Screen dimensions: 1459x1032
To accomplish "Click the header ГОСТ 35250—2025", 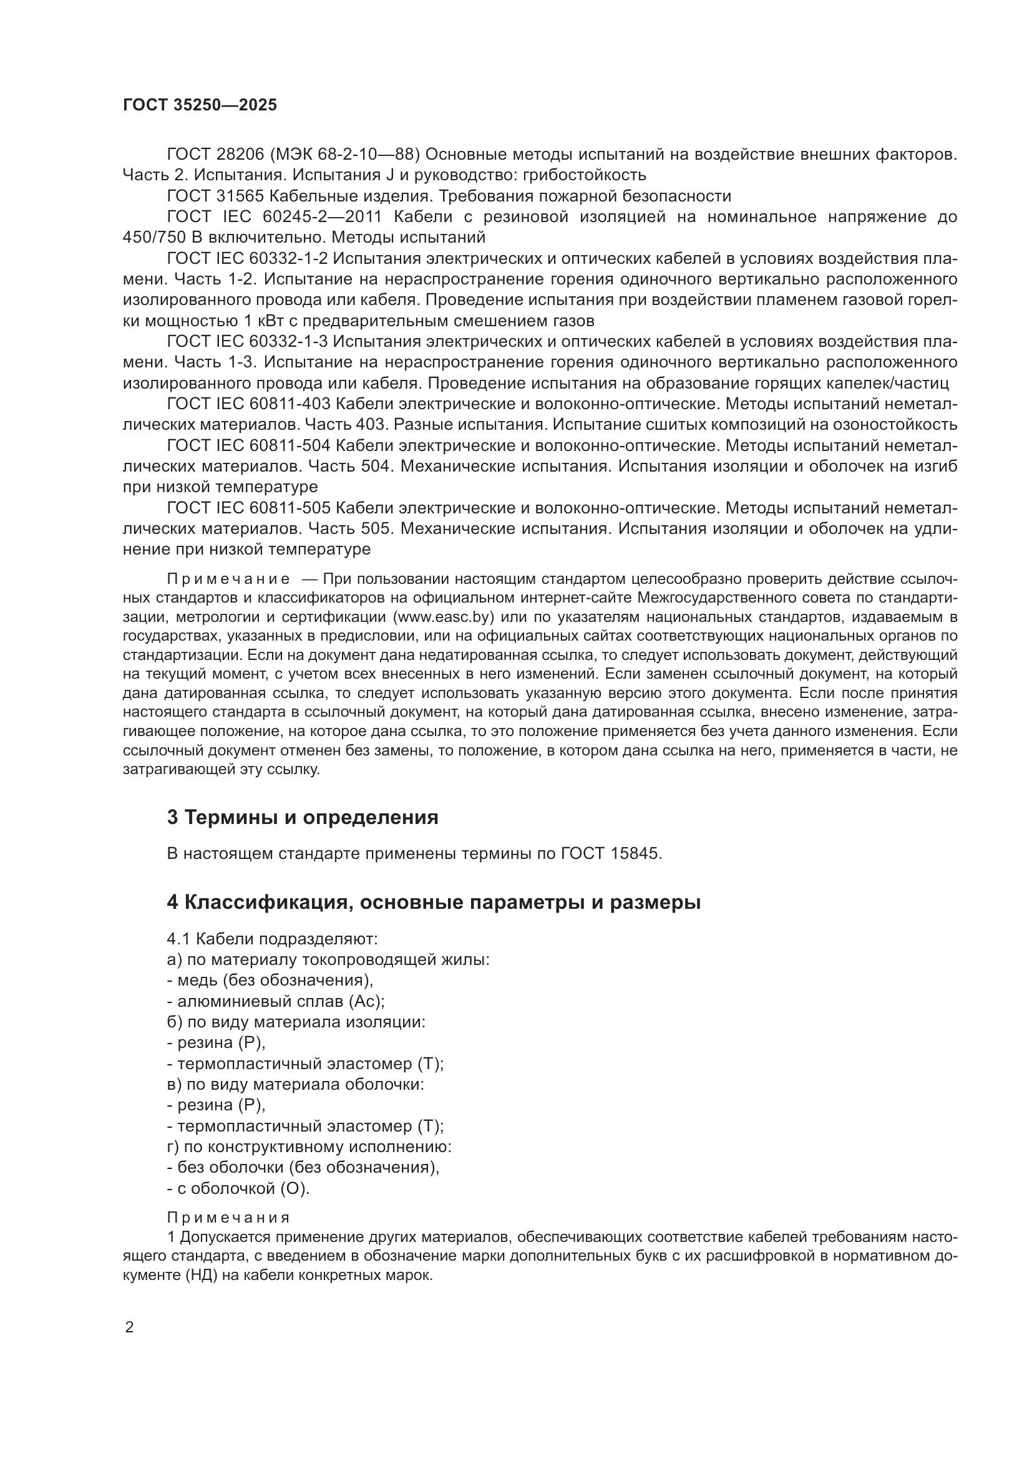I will click(x=200, y=105).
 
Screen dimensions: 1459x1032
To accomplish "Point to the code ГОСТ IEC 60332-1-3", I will click(x=247, y=342).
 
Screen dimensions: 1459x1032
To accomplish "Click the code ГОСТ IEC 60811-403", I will click(x=248, y=404).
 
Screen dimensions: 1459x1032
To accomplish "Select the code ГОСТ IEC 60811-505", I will click(x=248, y=508).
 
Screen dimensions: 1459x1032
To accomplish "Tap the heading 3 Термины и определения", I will click(x=303, y=817).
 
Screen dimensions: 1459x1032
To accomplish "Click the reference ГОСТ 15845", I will click(x=611, y=853).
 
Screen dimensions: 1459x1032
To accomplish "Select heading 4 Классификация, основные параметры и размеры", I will click(x=434, y=902).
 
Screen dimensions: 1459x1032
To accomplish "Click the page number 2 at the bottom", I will click(x=130, y=1328).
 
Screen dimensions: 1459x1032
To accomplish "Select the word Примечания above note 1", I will click(x=228, y=1218).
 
